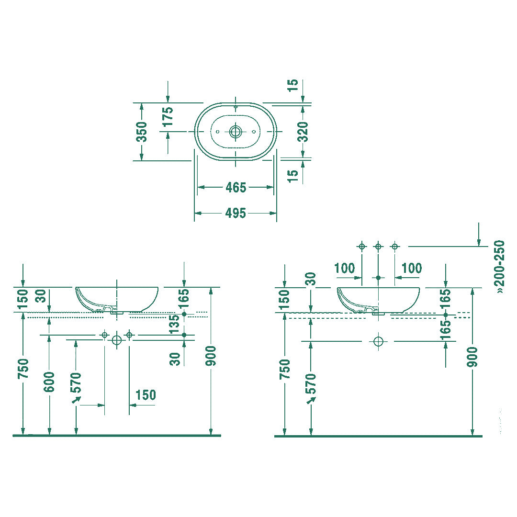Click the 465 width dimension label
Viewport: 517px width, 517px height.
click(236, 187)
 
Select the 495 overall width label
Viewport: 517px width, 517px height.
click(236, 214)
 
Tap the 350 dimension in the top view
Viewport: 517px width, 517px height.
click(142, 132)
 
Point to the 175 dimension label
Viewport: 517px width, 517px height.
click(168, 116)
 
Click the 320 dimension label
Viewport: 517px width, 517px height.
click(303, 132)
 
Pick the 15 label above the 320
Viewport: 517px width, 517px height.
click(292, 85)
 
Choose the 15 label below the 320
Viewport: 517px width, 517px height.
click(292, 176)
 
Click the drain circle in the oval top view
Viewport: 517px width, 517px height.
click(236, 132)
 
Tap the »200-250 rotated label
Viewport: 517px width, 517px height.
click(499, 267)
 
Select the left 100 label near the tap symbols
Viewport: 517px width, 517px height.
click(345, 268)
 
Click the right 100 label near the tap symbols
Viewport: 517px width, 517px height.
click(412, 268)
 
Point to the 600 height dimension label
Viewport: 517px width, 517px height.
click(49, 382)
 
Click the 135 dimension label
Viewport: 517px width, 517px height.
click(175, 324)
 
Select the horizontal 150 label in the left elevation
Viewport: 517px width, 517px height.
click(146, 394)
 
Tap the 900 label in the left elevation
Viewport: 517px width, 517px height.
click(210, 356)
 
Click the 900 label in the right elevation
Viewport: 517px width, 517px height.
click(472, 357)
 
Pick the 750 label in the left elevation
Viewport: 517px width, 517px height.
click(24, 369)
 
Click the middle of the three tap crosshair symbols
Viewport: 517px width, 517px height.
click(378, 247)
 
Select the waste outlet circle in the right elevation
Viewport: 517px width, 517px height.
click(378, 341)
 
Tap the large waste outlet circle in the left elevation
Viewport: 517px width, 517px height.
click(117, 340)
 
